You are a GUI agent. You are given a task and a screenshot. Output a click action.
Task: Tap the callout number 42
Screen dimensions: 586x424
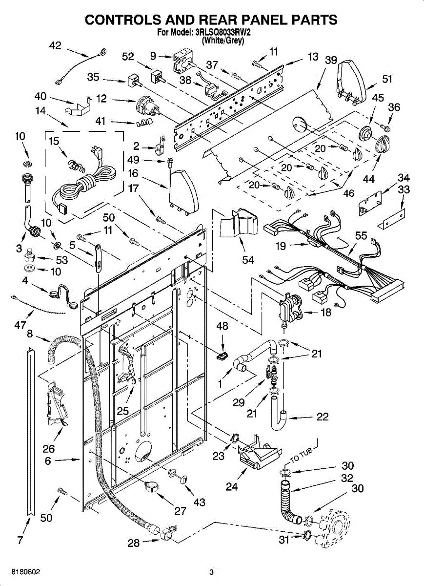click(55, 45)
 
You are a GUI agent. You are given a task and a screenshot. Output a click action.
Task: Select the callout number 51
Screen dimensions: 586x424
click(387, 79)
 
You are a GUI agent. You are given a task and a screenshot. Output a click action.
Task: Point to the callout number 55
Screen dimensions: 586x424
click(361, 236)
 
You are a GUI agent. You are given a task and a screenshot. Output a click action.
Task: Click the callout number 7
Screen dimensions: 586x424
click(20, 540)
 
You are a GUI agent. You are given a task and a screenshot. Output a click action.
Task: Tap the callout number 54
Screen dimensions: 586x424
click(248, 260)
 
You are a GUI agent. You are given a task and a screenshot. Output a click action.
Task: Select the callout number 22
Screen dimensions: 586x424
click(323, 417)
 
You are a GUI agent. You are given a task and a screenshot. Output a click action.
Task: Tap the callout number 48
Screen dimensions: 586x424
click(222, 326)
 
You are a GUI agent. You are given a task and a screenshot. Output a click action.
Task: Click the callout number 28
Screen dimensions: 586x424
click(133, 543)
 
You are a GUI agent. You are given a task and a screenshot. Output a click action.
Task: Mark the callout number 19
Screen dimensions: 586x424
click(281, 247)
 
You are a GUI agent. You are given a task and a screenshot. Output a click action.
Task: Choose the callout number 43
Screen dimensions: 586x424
click(199, 502)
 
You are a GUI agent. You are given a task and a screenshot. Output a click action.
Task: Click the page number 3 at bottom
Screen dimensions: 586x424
click(211, 572)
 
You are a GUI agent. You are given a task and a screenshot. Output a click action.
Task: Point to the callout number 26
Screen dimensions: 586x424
click(49, 449)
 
